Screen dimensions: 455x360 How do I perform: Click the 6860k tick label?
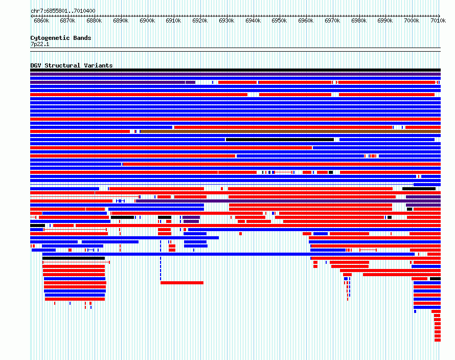41,20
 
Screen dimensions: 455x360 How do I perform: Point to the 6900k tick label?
147,20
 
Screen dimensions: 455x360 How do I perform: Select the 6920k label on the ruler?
200,20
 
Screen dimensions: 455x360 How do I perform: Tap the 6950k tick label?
279,20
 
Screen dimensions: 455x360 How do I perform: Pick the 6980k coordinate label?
359,20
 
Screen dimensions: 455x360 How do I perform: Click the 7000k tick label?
412,20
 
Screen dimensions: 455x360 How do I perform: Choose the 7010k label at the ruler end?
438,20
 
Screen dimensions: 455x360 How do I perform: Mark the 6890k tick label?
121,20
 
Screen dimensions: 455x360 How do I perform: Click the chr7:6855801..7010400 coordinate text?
63,11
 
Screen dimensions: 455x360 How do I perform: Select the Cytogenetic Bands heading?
61,38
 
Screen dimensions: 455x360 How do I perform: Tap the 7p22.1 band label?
40,44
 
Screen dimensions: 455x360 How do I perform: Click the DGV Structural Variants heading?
72,65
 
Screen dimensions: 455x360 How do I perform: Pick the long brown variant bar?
290,131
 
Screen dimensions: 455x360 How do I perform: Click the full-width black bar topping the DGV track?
235,70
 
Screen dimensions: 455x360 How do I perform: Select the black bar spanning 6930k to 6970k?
280,140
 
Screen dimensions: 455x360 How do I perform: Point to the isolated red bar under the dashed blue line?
182,283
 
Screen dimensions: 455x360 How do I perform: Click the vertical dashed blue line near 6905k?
161,260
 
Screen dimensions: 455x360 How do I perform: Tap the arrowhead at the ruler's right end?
439,16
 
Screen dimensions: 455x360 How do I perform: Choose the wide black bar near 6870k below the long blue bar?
74,258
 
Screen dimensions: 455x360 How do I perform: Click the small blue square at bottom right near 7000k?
415,311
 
